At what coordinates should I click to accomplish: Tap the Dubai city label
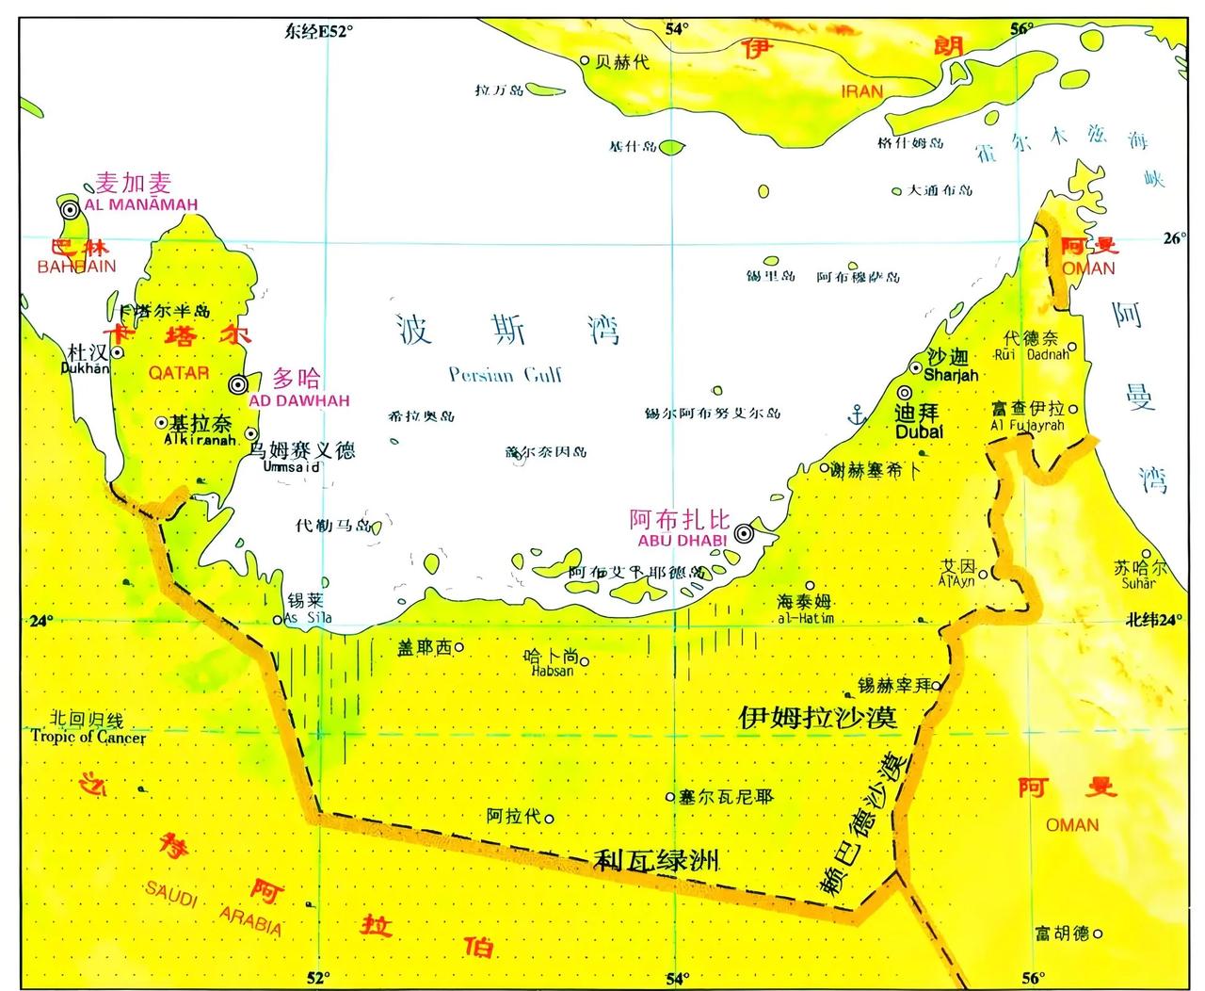click(919, 431)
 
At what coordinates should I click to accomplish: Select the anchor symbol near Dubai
click(857, 413)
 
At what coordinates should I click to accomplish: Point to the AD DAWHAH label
click(299, 400)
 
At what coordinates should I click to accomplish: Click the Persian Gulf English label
click(506, 375)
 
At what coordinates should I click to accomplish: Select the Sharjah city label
click(951, 374)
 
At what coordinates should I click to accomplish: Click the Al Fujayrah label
click(1027, 426)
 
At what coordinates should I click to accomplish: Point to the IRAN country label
click(861, 91)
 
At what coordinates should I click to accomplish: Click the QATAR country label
click(178, 373)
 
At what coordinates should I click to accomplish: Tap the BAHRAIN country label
click(76, 267)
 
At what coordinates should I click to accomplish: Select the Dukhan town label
click(84, 369)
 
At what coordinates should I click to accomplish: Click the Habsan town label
click(553, 672)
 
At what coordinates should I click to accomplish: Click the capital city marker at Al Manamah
click(70, 210)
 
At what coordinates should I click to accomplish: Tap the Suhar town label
click(1138, 583)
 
